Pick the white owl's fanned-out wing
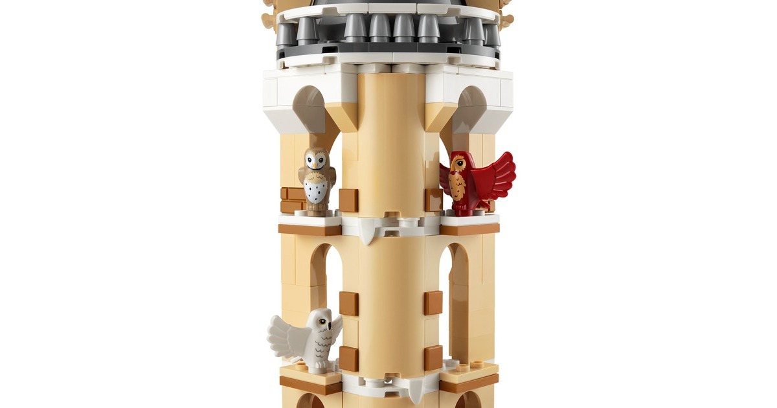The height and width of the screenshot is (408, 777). point(285,337)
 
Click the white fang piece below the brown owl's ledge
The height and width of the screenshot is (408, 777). point(367,233)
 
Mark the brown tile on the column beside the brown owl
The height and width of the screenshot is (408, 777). point(348,200)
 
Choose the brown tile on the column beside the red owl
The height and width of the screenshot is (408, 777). point(433,199)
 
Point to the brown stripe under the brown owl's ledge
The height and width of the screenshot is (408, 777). point(310,230)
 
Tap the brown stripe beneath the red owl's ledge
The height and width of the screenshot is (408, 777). point(469,229)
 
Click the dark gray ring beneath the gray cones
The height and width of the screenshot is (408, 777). point(388,49)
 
